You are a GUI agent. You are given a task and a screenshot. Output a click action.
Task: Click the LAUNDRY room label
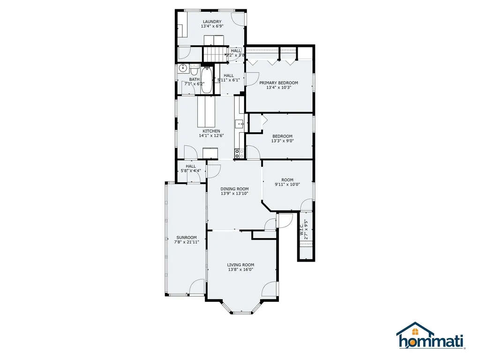pyautogui.click(x=212, y=22)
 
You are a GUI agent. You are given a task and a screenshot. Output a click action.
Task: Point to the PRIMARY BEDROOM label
pyautogui.click(x=278, y=83)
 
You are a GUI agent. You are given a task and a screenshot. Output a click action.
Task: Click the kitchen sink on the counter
pyautogui.click(x=239, y=125)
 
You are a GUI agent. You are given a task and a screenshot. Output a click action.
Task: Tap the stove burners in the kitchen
pyautogui.click(x=239, y=152)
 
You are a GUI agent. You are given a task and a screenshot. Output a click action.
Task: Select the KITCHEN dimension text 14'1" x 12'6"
pyautogui.click(x=211, y=136)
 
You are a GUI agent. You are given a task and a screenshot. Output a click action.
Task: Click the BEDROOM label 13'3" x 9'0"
pyautogui.click(x=282, y=141)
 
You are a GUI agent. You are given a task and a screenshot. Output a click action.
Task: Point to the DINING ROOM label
pyautogui.click(x=234, y=189)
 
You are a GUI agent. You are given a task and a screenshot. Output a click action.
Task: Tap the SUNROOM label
pyautogui.click(x=187, y=237)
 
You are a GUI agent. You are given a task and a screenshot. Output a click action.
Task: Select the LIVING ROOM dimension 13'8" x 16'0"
pyautogui.click(x=240, y=270)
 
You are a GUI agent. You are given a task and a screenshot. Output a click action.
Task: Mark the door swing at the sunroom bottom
pyautogui.click(x=197, y=286)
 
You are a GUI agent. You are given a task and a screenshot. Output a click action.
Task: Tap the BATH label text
pyautogui.click(x=194, y=79)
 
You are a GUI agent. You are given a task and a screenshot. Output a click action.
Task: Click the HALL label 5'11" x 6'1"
pyautogui.click(x=229, y=75)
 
